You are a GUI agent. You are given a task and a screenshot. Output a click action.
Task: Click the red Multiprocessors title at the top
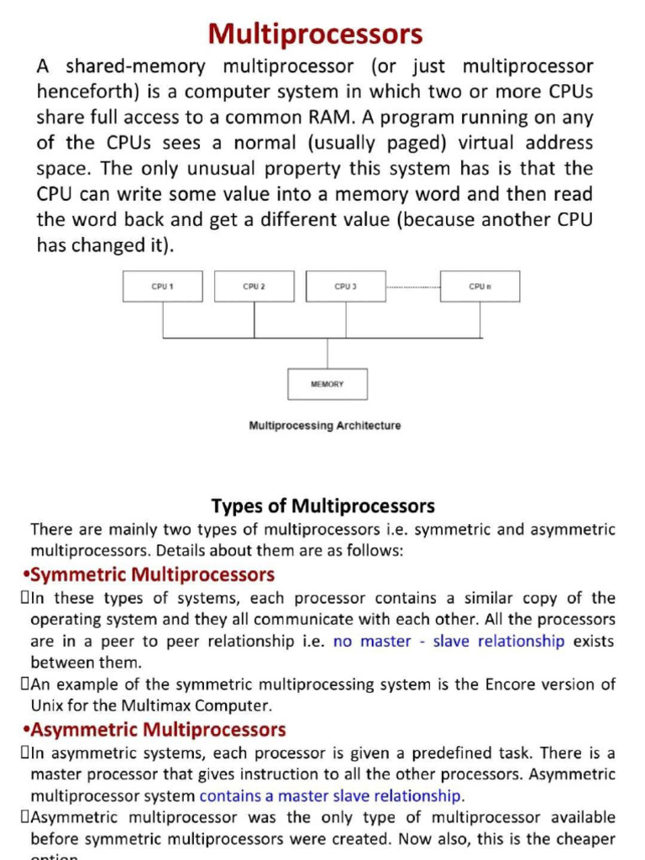point(315,34)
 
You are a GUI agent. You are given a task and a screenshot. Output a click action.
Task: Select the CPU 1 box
point(163,286)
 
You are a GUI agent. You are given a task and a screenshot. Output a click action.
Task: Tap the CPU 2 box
point(254,286)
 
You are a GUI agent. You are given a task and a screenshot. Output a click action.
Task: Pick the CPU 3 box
point(346,286)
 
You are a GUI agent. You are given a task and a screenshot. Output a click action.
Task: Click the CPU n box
point(480,286)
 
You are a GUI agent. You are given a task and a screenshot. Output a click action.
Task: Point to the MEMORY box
point(328,384)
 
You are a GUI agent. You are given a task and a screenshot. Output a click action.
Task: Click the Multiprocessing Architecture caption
point(325,426)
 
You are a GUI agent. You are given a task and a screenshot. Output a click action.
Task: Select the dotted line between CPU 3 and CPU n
point(413,287)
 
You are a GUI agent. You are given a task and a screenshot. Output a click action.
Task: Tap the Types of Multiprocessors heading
point(323,506)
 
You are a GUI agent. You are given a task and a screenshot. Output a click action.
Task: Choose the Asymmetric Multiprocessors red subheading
point(157,729)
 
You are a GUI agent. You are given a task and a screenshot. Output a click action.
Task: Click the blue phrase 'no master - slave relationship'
point(448,641)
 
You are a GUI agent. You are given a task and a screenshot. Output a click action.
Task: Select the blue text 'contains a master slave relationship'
point(331,795)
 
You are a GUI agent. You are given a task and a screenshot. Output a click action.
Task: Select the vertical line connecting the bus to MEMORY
point(328,353)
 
